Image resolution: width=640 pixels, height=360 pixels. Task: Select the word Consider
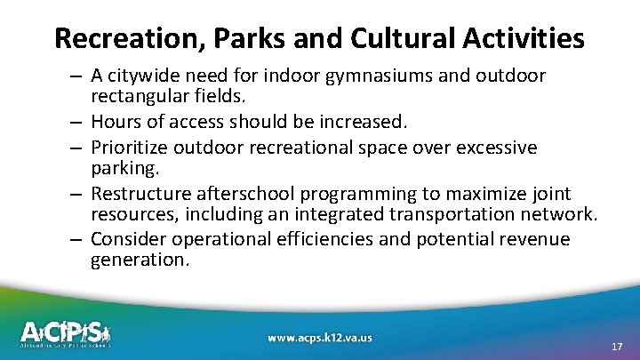[128, 240]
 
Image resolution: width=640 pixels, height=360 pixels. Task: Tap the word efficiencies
[308, 240]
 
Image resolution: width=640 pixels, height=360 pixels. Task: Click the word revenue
[536, 240]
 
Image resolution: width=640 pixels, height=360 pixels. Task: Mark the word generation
[140, 260]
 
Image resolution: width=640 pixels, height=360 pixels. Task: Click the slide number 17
[618, 345]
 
